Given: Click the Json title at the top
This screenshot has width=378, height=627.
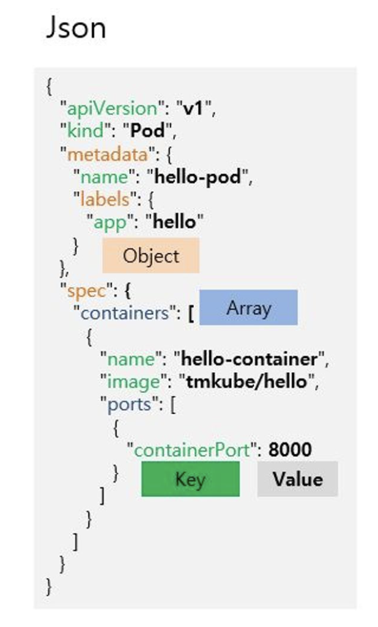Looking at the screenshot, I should point(76,28).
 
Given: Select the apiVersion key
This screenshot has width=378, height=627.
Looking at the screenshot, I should point(108,109).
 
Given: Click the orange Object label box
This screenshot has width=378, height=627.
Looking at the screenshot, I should point(150,255).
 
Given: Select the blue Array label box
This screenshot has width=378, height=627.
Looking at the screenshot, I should point(248,307).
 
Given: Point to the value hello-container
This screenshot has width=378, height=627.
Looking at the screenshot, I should point(251,359).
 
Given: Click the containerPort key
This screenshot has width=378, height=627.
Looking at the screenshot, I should point(192,450).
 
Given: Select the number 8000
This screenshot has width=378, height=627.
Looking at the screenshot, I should point(290,450).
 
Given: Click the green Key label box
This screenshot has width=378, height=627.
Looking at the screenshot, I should point(190,479).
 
